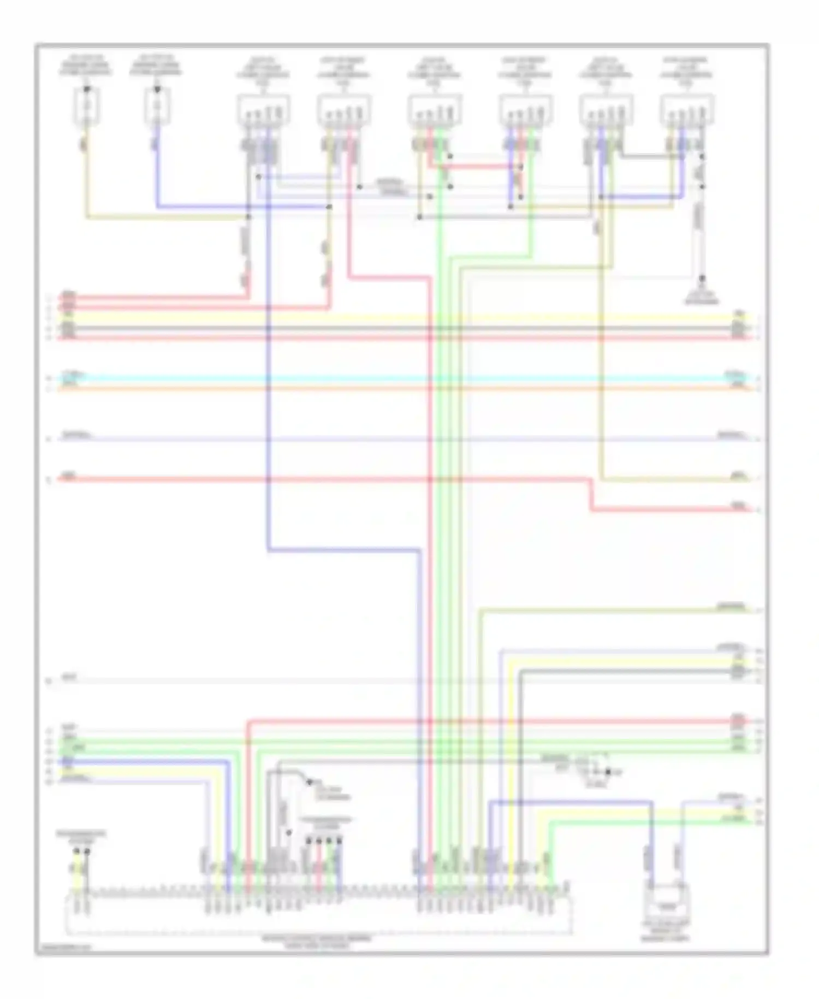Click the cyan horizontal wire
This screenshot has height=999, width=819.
coord(382,378)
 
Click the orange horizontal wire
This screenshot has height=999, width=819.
coord(382,389)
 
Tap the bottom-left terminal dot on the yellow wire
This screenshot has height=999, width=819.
coord(76,851)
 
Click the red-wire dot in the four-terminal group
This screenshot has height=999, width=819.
coord(319,841)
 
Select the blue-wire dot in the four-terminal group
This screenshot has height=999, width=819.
coord(340,841)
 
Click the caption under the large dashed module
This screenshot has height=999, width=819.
coord(317,941)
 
